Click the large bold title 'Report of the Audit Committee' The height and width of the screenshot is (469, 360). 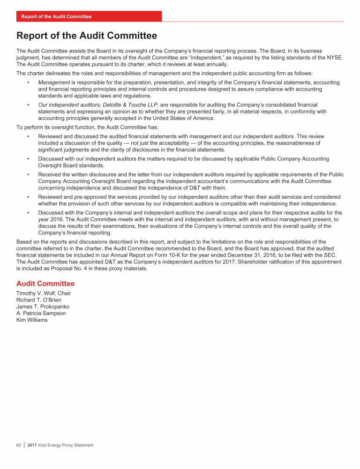[x=87, y=36]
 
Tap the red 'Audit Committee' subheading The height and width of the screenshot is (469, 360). [x=45, y=284]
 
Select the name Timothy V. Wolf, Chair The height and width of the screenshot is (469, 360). [x=44, y=294]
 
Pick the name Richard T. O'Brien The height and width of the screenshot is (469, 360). [x=38, y=300]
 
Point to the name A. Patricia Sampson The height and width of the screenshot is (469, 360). [x=41, y=313]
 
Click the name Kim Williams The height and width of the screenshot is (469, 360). [x=32, y=320]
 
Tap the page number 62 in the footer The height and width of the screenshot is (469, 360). [x=19, y=445]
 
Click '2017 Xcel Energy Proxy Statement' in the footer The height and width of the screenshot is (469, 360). [x=60, y=445]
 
